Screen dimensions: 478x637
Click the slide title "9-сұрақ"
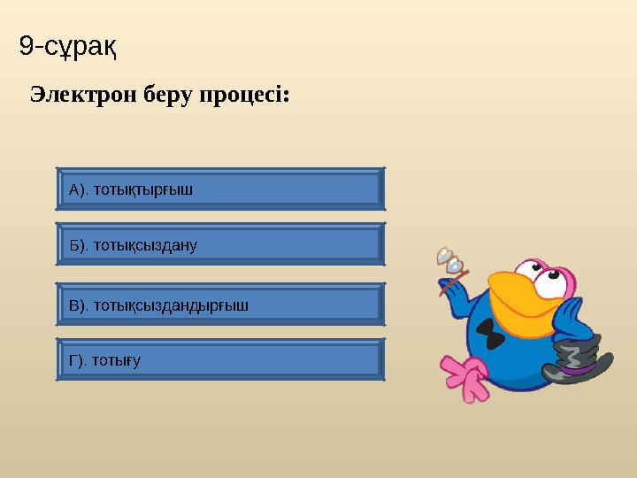point(69,45)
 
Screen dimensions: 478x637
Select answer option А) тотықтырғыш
point(220,189)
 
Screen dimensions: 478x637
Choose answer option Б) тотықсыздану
point(220,244)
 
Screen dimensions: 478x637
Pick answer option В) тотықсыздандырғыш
point(220,305)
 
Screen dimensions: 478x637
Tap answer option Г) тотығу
point(220,359)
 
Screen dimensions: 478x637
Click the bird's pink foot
point(465,376)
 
